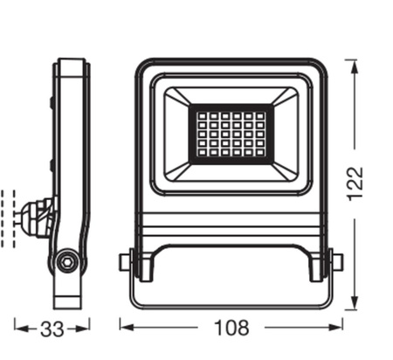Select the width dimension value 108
point(231,329)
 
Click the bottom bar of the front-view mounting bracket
point(231,305)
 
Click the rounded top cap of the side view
point(72,65)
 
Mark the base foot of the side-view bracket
point(68,297)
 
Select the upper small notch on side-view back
point(52,102)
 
